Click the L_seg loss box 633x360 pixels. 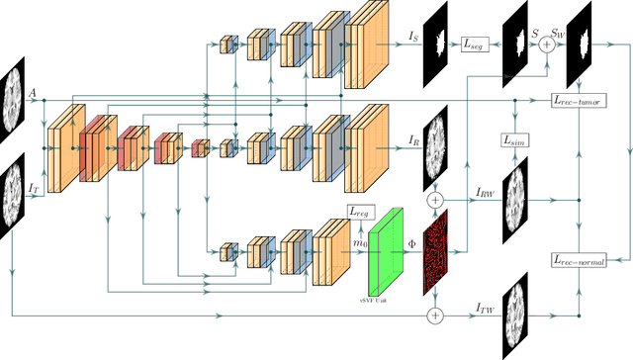(x=476, y=45)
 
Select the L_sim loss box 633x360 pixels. (x=514, y=142)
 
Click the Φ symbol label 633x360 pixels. (x=412, y=240)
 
